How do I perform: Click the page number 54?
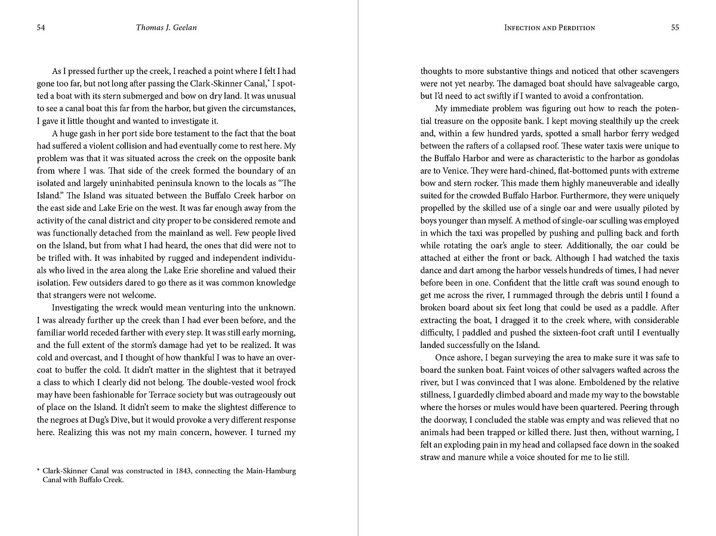click(x=41, y=27)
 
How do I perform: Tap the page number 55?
click(x=675, y=27)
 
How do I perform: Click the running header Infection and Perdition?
click(x=541, y=27)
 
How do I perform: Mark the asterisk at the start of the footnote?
click(x=39, y=470)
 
